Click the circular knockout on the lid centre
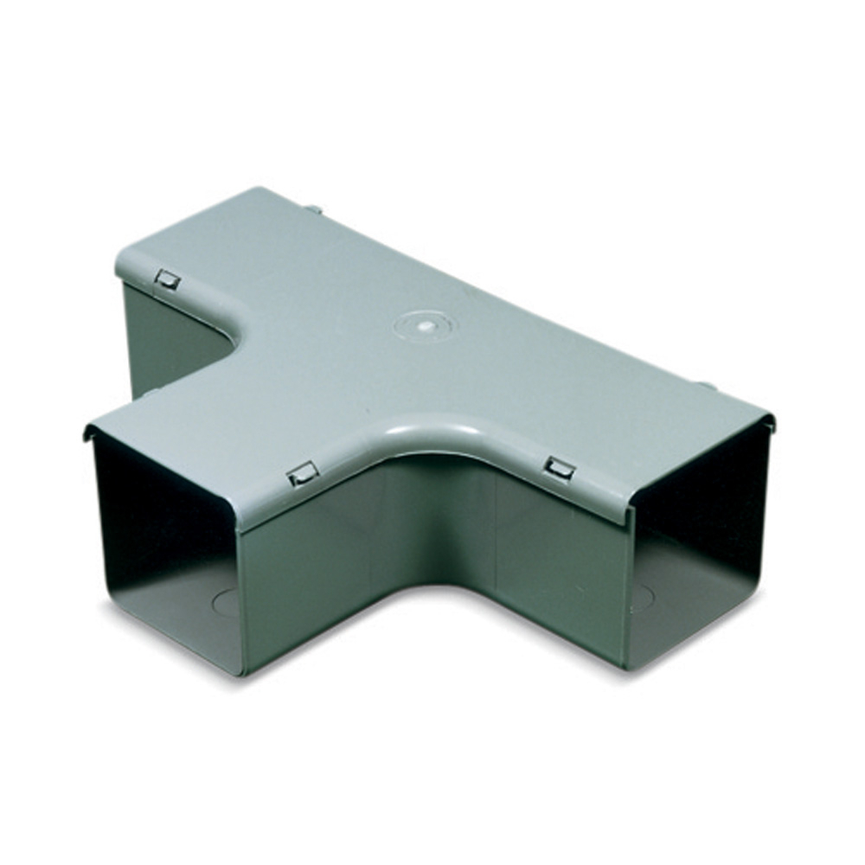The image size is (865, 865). (x=422, y=327)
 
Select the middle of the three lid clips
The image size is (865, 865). (x=303, y=473)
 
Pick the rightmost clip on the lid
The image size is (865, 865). (x=560, y=470)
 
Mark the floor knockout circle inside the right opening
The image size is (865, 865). (x=643, y=597)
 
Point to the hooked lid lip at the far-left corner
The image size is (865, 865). (x=88, y=430)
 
